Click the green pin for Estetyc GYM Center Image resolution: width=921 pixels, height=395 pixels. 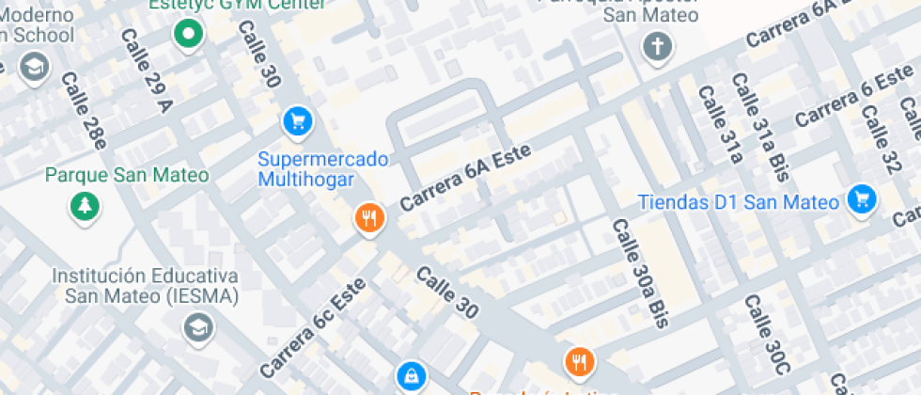click(x=189, y=35)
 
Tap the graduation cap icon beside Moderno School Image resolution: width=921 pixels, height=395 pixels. click(x=35, y=67)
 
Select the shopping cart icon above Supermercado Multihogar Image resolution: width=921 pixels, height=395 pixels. click(x=297, y=120)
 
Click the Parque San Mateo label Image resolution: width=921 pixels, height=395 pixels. click(x=127, y=175)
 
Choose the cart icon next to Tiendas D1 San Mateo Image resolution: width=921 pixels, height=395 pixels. click(x=861, y=198)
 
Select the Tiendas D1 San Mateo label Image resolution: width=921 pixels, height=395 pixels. click(x=738, y=201)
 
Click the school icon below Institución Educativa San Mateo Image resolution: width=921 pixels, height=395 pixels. click(x=198, y=326)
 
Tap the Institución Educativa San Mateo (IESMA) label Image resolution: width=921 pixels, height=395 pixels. click(x=145, y=286)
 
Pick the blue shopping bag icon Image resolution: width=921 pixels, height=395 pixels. click(x=410, y=376)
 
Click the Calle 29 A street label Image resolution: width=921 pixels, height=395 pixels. click(x=147, y=69)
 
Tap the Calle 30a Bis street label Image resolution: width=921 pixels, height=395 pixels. click(x=639, y=273)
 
